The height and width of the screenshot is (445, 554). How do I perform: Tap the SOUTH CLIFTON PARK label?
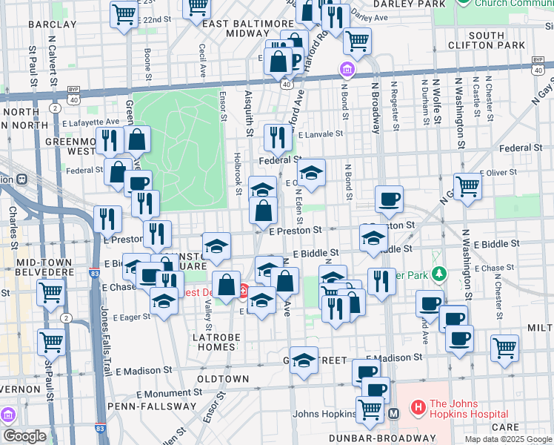coord(496,42)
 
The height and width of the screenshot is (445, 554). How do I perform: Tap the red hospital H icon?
coord(418,407)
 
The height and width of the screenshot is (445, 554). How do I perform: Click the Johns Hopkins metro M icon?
coord(394,413)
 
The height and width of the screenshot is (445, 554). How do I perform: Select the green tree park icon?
coord(438,274)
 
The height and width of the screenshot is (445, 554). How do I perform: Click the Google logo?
coord(25,436)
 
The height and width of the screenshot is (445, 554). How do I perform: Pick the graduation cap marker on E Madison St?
coord(303,360)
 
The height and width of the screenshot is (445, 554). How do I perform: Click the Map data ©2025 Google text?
coord(509,439)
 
